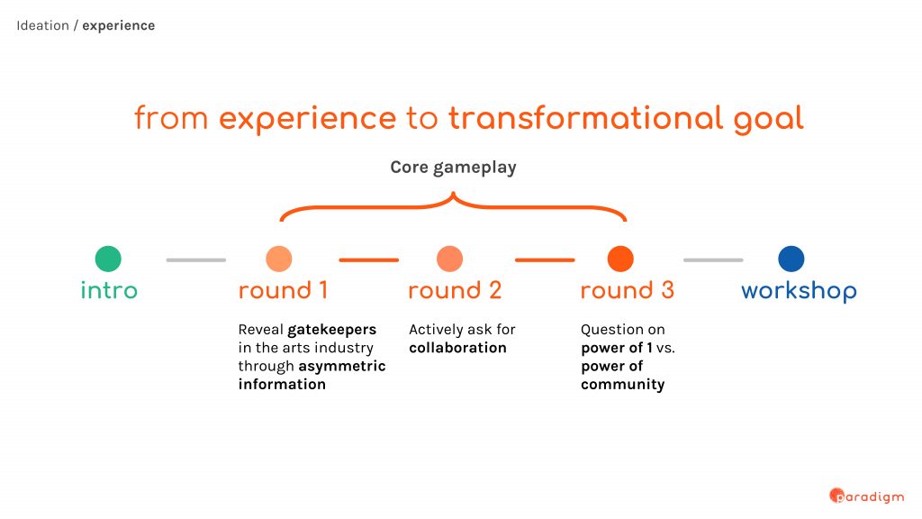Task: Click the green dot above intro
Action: coord(108,259)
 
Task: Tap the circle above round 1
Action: coord(279,259)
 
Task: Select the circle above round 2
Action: coord(450,259)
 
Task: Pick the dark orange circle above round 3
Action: coord(620,259)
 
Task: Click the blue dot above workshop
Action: coord(791,259)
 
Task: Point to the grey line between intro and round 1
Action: coord(195,259)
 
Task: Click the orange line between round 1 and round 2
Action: coord(368,259)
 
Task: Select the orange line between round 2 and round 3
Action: coord(545,259)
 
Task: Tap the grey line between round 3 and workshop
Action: coord(713,259)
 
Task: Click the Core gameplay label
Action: coord(454,168)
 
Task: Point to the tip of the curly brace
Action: coord(453,192)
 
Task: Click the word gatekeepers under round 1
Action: coord(331,330)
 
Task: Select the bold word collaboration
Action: coord(457,348)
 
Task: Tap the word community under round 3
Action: coord(623,385)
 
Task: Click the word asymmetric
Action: coord(342,367)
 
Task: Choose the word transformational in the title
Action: coord(585,118)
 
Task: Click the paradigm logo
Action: coord(867,496)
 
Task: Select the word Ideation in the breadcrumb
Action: coord(42,25)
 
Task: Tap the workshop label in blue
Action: coord(799,291)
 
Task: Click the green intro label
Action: coord(109,290)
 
